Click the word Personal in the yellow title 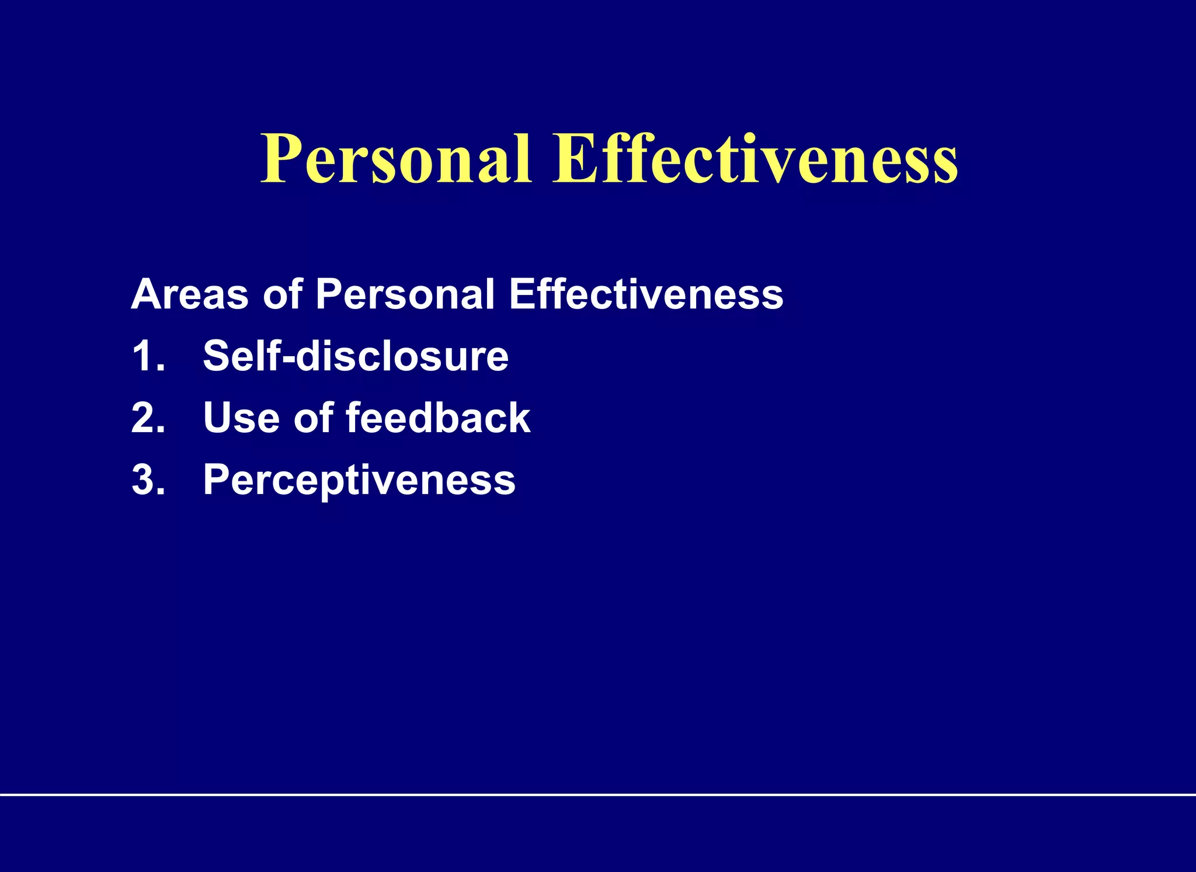(x=396, y=159)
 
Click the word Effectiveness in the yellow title (x=755, y=159)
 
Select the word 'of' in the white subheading (x=283, y=294)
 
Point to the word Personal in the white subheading (x=405, y=294)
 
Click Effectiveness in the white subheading (x=646, y=294)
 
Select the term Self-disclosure (x=356, y=356)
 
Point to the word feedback (x=438, y=418)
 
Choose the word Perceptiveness (x=359, y=481)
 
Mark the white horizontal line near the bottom (x=598, y=794)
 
